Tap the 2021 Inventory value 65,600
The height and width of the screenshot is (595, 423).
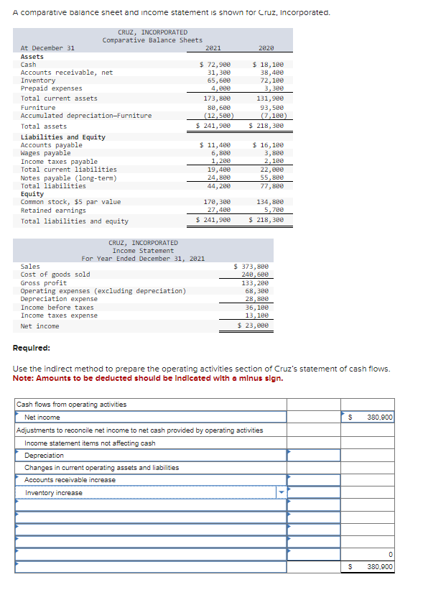(x=219, y=80)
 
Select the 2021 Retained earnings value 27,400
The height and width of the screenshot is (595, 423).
(x=219, y=210)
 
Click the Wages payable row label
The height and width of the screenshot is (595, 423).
(x=45, y=153)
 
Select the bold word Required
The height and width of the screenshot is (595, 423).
(x=32, y=348)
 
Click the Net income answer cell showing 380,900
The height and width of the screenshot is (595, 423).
(x=378, y=417)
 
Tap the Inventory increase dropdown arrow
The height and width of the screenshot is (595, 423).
(x=281, y=493)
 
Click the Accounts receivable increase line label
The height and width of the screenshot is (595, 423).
(x=70, y=480)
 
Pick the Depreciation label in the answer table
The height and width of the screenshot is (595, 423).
(x=44, y=456)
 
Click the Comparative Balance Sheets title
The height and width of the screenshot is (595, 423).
(x=152, y=40)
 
